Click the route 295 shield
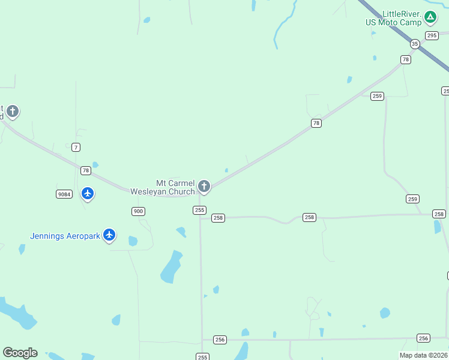point(432,35)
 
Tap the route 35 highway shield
point(415,44)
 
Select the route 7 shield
point(76,147)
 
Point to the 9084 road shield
point(64,194)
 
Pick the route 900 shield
point(138,211)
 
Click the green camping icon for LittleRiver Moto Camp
point(430,17)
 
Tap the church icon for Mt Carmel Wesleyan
point(204,187)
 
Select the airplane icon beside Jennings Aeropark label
point(109,235)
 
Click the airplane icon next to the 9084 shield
point(88,193)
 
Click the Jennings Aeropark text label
point(65,236)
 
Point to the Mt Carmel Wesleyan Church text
point(175,187)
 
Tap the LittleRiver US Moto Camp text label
point(394,18)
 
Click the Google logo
point(20,353)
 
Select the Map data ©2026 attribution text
point(424,355)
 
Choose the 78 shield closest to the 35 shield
point(406,59)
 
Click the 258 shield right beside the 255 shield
point(218,218)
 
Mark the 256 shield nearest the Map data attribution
point(423,338)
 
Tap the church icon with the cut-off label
point(12,112)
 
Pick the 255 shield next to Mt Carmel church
point(199,210)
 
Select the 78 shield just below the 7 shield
point(86,170)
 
